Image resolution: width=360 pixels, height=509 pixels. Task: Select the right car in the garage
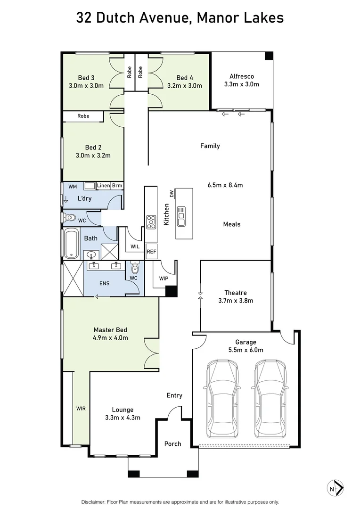[x=270, y=399]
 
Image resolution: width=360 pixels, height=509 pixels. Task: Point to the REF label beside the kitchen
[x=151, y=252]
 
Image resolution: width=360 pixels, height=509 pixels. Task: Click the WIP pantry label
[x=164, y=279]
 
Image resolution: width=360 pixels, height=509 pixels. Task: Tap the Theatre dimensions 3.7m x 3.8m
[x=236, y=301]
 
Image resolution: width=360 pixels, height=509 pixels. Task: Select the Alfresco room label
[x=242, y=76]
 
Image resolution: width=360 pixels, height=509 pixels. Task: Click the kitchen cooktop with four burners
[x=151, y=222]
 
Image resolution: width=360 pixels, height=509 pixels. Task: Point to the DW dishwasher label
[x=172, y=194]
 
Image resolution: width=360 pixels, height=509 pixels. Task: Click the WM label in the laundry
[x=73, y=187]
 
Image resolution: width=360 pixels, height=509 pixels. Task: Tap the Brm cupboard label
[x=117, y=186]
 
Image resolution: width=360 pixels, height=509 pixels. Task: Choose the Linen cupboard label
[x=104, y=186]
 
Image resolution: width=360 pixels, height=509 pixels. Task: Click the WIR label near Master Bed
[x=81, y=409]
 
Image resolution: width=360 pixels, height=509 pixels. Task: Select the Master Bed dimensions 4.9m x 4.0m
[x=111, y=337]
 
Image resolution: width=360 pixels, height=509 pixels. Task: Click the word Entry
[x=174, y=395]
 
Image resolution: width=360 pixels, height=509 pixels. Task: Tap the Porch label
[x=172, y=443]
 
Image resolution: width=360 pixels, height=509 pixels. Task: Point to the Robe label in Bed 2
[x=83, y=116]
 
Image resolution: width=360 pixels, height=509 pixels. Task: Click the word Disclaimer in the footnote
[x=96, y=502]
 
